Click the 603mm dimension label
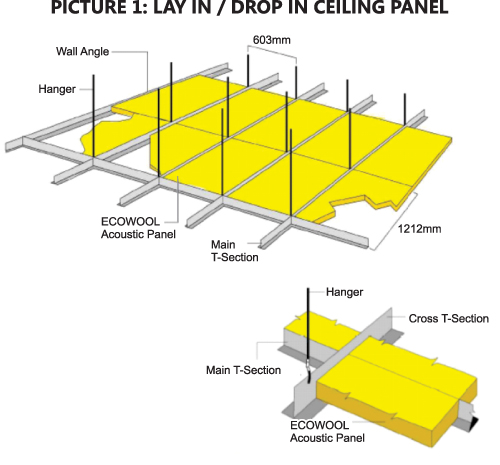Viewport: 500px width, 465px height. point(272,40)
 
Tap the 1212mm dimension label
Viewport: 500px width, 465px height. point(419,229)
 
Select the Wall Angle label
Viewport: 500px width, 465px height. point(82,52)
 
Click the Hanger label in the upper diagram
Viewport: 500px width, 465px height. point(57,89)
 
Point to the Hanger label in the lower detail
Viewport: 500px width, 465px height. point(344,292)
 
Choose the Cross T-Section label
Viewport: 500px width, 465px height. point(449,318)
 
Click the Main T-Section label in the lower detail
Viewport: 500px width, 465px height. point(243,370)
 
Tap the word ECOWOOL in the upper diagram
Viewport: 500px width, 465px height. point(130,222)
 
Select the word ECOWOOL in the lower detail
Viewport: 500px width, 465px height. point(319,425)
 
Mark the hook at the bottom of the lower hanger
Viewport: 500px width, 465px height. point(309,371)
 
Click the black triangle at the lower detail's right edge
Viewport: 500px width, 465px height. point(473,423)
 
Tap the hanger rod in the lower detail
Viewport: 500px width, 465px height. point(308,324)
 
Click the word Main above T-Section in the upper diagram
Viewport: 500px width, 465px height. point(223,245)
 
